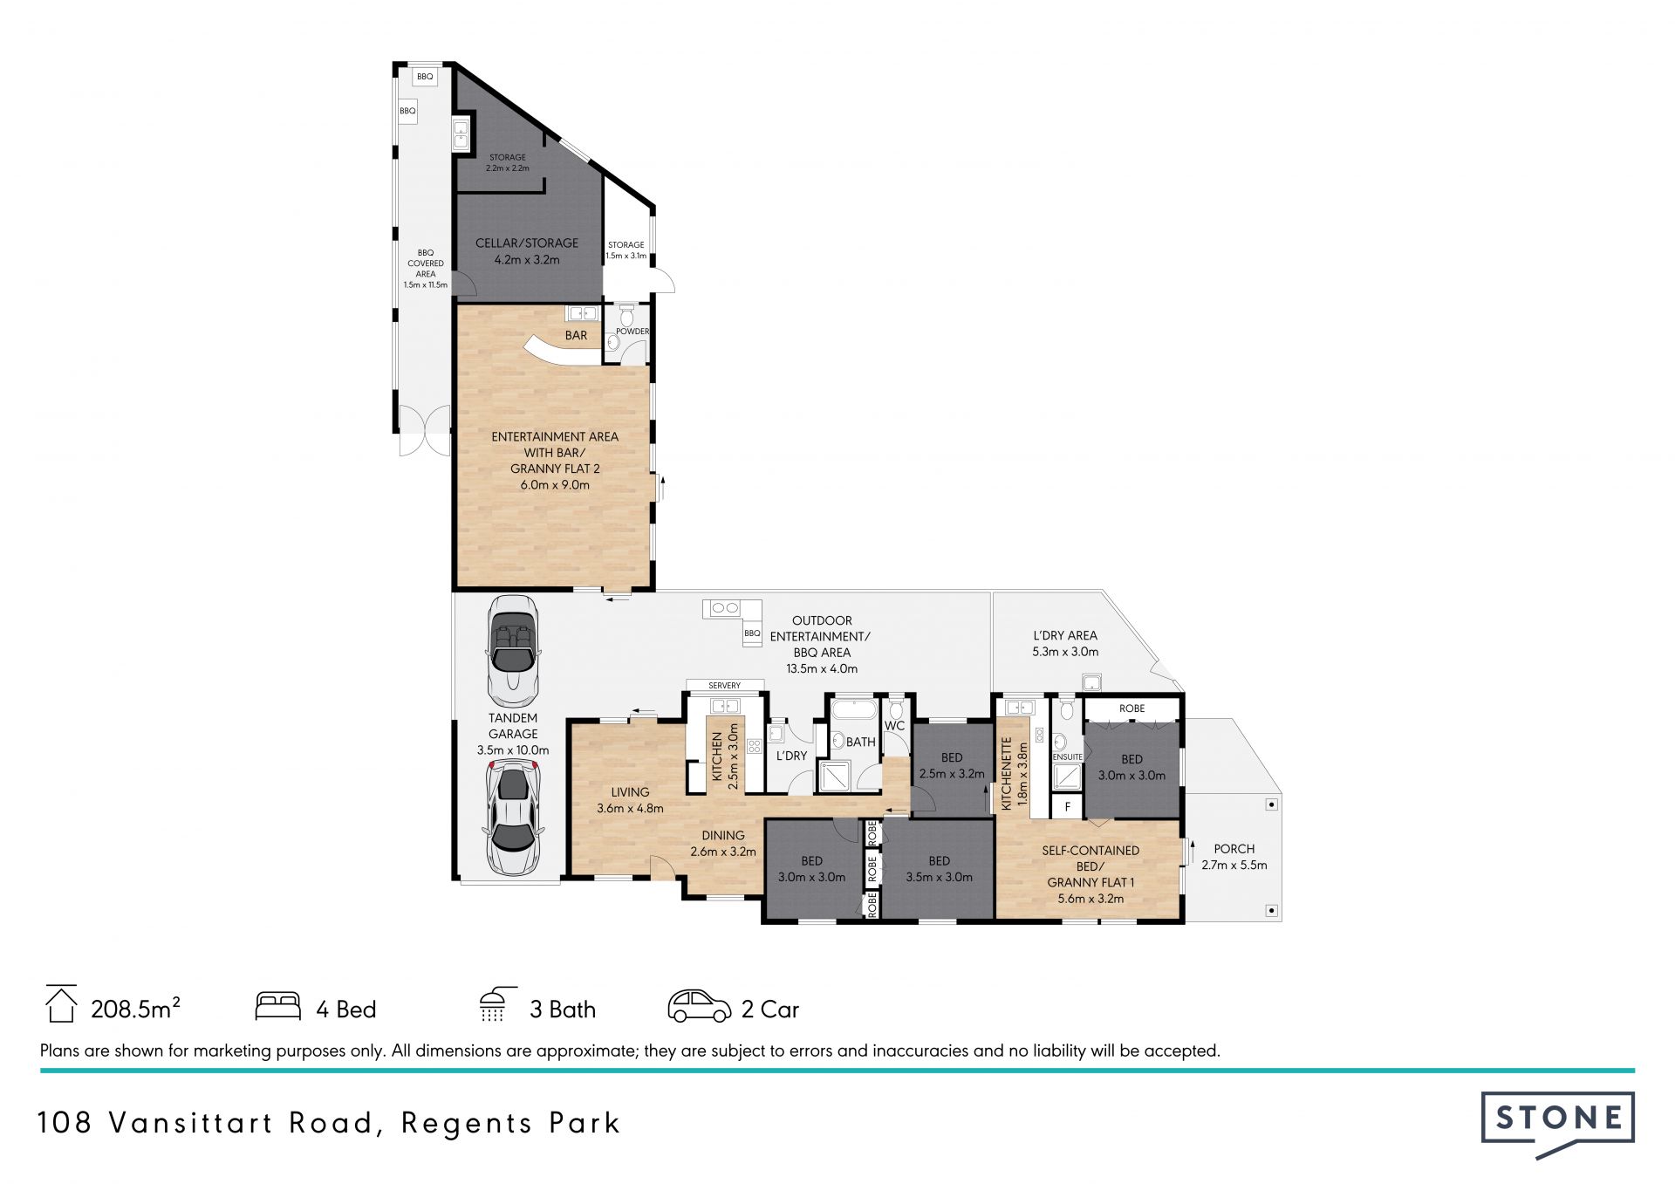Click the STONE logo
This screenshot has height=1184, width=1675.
[1557, 1124]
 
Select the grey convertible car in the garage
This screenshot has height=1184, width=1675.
[513, 651]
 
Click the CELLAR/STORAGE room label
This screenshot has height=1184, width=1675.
[527, 243]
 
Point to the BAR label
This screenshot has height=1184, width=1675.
[576, 335]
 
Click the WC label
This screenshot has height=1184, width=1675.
[894, 725]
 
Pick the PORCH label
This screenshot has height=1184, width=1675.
[1234, 848]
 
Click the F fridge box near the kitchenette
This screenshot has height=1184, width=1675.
[1067, 807]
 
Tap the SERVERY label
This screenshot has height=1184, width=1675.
[724, 686]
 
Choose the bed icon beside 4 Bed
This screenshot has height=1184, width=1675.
[278, 1006]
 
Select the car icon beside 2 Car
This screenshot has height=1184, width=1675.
[700, 1006]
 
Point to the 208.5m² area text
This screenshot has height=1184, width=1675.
[136, 1009]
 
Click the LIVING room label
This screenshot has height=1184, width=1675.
[630, 792]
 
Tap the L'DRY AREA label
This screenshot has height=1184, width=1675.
[1065, 635]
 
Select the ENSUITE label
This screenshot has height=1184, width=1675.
[1068, 757]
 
